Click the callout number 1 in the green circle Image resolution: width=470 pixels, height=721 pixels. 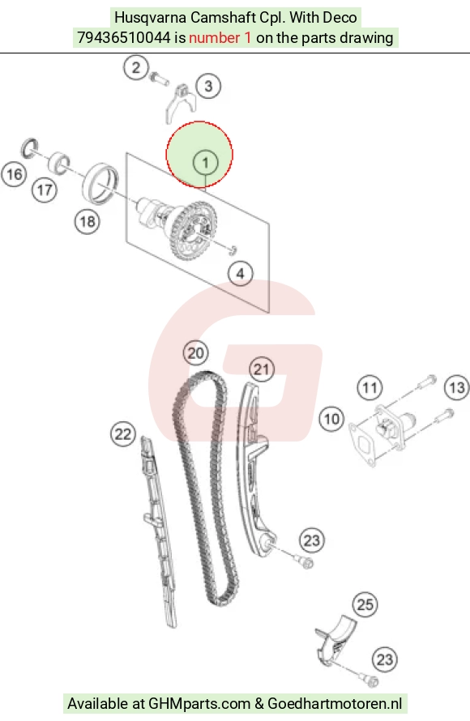point(205,162)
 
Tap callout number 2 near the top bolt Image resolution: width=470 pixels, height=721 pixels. point(135,68)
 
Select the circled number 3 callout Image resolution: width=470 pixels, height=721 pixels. point(208,86)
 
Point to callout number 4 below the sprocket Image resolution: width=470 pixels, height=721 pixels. point(241,274)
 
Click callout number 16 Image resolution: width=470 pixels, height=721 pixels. point(15,174)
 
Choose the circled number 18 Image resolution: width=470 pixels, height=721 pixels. point(88,222)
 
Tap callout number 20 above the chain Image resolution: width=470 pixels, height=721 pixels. point(195,353)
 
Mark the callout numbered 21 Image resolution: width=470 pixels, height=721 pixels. point(262,369)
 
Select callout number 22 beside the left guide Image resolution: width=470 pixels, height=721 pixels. point(123,434)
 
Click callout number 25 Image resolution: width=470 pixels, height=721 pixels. point(365,604)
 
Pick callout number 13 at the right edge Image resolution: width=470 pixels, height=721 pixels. point(457,387)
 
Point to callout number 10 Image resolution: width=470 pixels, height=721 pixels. point(331,419)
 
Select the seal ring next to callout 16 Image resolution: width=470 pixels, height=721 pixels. point(29,147)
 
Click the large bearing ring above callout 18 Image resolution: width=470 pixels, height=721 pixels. point(100,184)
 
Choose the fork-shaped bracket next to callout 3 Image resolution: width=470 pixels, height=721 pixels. point(180,104)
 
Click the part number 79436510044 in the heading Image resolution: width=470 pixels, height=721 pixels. point(124,38)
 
